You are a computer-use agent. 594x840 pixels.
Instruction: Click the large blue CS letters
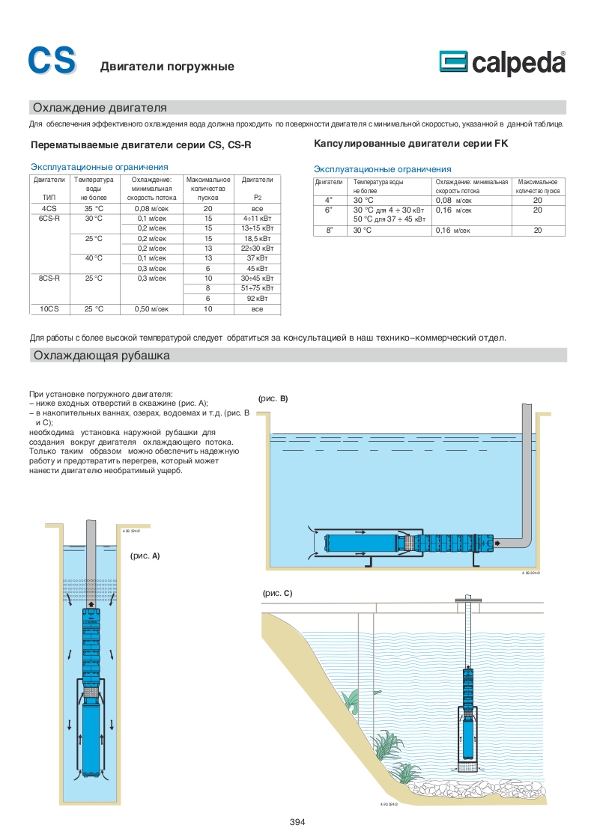(x=52, y=61)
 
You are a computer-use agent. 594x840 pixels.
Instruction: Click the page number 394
(x=297, y=822)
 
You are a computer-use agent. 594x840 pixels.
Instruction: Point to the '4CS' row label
(x=49, y=208)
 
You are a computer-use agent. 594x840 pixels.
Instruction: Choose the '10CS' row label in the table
(x=49, y=308)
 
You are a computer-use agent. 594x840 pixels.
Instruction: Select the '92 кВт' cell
(x=258, y=298)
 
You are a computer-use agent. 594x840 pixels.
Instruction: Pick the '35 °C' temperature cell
(x=94, y=208)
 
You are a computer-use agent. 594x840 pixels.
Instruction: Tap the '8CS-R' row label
(x=49, y=278)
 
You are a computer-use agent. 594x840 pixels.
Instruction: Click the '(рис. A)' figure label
(x=145, y=556)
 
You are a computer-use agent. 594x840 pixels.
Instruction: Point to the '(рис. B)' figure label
(x=273, y=399)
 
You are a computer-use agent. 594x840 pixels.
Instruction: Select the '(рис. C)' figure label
(x=277, y=593)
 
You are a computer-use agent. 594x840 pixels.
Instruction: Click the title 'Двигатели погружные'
(x=167, y=67)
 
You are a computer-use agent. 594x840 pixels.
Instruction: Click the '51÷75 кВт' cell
(x=258, y=288)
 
